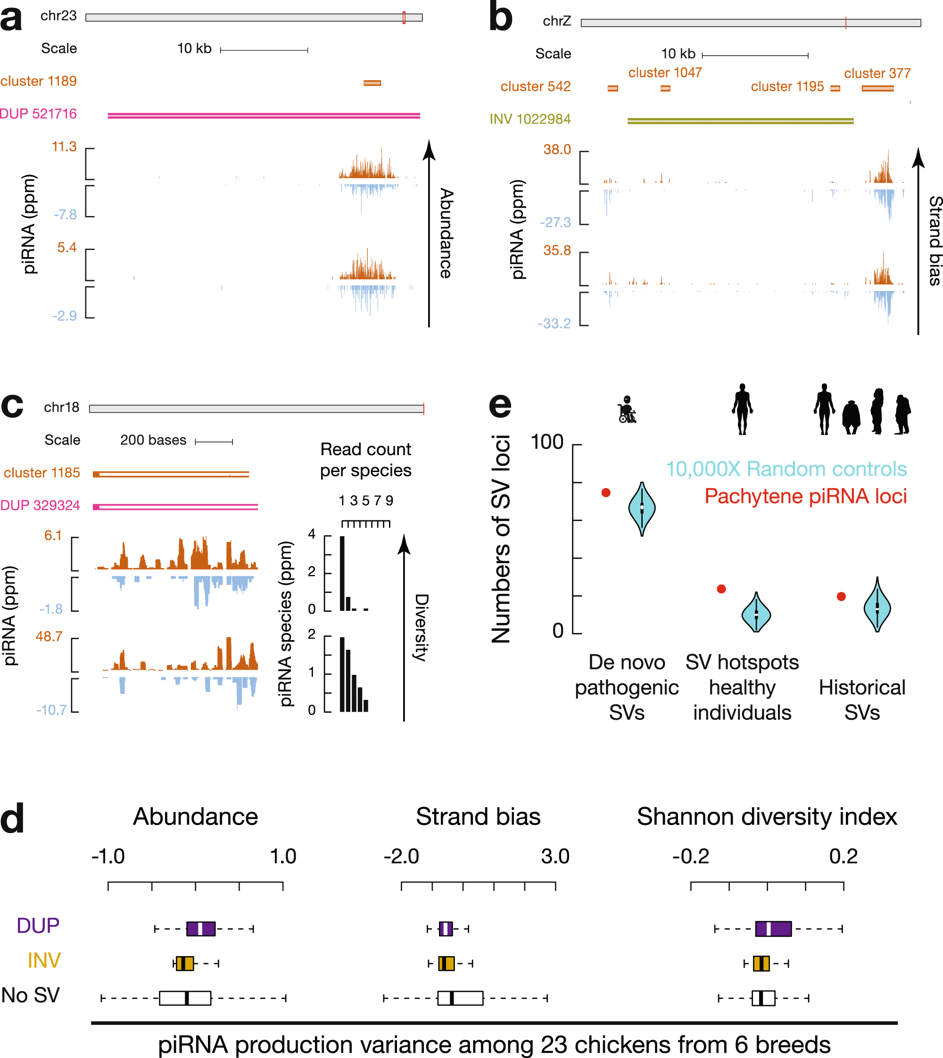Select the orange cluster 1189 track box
(372, 83)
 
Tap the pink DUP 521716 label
(38, 114)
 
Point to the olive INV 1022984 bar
(740, 121)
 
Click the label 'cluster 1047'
(665, 73)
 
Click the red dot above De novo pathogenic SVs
(606, 492)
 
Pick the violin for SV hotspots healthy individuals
(756, 613)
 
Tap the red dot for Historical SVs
(842, 597)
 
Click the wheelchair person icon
(627, 410)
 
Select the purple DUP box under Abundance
(200, 928)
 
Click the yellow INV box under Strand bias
(446, 963)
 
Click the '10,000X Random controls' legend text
(786, 468)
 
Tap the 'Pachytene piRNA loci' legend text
(805, 496)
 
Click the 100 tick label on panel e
(546, 442)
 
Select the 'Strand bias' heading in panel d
(478, 816)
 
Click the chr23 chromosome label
(58, 16)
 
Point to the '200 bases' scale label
(153, 440)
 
